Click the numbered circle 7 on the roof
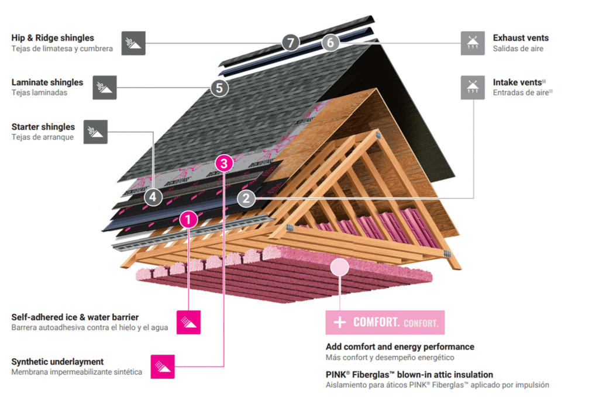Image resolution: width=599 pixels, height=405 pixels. pyautogui.click(x=290, y=43)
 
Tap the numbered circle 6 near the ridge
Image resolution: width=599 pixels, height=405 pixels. pyautogui.click(x=330, y=43)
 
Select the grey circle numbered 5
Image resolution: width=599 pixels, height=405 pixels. pyautogui.click(x=219, y=88)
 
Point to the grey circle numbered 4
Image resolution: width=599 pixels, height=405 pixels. pyautogui.click(x=153, y=197)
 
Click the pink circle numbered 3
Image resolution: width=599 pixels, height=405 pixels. pyautogui.click(x=224, y=163)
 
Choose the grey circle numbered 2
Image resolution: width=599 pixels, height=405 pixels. pyautogui.click(x=246, y=198)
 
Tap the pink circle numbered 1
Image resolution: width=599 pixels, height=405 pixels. pyautogui.click(x=188, y=220)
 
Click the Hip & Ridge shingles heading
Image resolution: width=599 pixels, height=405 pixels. pyautogui.click(x=53, y=38)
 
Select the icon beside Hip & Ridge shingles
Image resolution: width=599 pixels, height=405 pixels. pyautogui.click(x=133, y=43)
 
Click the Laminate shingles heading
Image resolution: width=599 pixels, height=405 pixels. pyautogui.click(x=47, y=82)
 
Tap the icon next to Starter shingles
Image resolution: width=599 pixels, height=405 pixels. pyautogui.click(x=96, y=132)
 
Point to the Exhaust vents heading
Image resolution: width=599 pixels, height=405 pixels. pyautogui.click(x=521, y=38)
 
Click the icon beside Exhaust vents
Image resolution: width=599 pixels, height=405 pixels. pyautogui.click(x=472, y=43)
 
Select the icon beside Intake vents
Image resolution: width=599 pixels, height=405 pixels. pyautogui.click(x=472, y=87)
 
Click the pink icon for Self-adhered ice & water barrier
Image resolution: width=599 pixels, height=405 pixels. pyautogui.click(x=188, y=322)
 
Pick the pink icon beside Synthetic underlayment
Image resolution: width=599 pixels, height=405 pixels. pyautogui.click(x=163, y=366)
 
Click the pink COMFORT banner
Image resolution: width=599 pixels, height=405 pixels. pyautogui.click(x=385, y=322)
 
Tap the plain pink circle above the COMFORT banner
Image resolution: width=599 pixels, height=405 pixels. pyautogui.click(x=339, y=267)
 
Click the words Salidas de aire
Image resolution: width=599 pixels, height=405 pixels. pyautogui.click(x=518, y=49)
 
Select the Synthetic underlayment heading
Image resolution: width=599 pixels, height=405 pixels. pyautogui.click(x=57, y=362)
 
